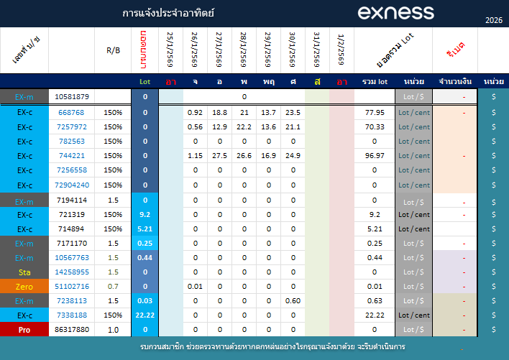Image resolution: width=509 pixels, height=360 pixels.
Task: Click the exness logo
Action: (395, 12)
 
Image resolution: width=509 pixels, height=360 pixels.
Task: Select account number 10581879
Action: (72, 97)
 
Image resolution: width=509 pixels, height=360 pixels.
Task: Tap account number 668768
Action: (72, 113)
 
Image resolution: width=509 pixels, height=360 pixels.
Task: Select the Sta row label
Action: (24, 272)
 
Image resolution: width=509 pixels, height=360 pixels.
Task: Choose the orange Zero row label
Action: (24, 287)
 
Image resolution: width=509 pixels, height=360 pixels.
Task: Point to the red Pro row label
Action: (24, 330)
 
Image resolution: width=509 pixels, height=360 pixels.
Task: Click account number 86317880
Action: (72, 330)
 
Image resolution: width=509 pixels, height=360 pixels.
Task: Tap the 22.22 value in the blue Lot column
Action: (145, 315)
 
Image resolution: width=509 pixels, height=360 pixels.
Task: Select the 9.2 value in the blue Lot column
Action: (145, 214)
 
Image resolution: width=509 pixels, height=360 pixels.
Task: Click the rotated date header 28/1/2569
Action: (244, 50)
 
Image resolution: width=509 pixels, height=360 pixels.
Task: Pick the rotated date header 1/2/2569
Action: (341, 50)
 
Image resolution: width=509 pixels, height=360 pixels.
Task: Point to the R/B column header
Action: (114, 50)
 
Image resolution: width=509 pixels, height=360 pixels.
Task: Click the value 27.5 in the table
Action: (220, 156)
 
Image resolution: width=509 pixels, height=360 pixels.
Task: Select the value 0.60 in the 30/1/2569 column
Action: (293, 301)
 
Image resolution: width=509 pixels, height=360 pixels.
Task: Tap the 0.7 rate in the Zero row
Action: (114, 287)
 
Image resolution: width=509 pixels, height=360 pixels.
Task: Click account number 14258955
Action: (72, 272)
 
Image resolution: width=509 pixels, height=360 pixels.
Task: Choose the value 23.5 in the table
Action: (293, 113)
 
